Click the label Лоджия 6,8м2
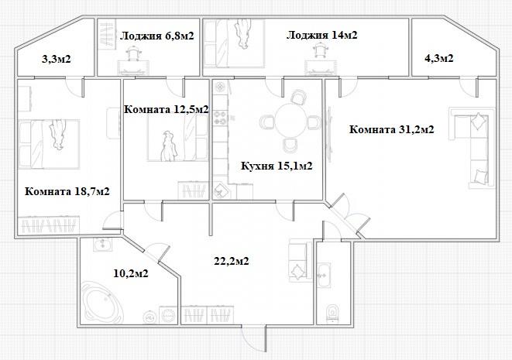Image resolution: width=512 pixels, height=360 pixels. pos(156,36)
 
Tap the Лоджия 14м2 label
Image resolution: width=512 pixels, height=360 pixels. pos(322,35)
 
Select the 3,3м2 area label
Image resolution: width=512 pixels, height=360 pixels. pos(57,59)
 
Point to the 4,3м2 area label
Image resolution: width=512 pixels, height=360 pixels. pos(439,58)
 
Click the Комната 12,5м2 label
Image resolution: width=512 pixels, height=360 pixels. pos(167,109)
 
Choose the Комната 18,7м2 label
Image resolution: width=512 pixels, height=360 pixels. pos(67,191)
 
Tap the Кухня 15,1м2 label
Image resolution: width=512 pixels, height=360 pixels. pos(277,166)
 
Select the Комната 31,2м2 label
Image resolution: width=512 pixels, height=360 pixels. pos(391,129)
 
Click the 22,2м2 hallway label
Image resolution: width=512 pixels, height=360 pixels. pos(232,261)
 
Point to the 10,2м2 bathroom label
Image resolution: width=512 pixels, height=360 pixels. pos(131,273)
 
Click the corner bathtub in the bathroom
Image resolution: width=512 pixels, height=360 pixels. pos(102,303)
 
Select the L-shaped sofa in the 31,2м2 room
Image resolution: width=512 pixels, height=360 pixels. pos(472,148)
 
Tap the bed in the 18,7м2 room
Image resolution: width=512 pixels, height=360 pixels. pos(49,144)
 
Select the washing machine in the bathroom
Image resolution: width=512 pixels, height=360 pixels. pos(169,315)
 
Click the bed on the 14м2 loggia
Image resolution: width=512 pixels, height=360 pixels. pos(234,43)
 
